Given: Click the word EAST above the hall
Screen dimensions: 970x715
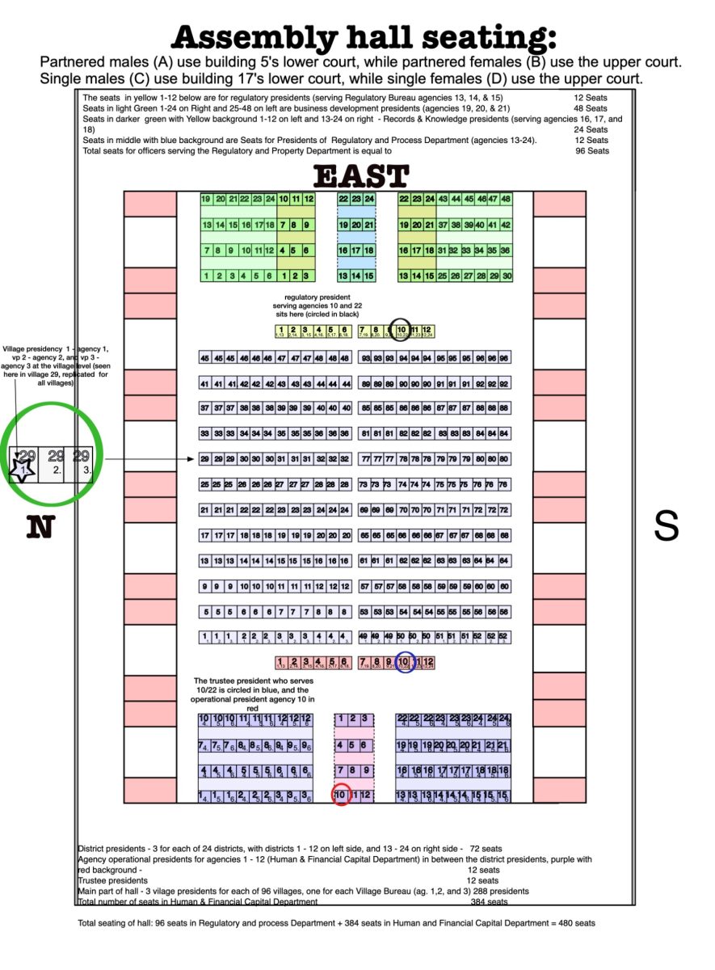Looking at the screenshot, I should tap(360, 176).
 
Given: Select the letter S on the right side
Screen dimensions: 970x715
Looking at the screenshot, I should tap(665, 526).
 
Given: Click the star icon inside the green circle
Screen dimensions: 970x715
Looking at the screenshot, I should tap(22, 468).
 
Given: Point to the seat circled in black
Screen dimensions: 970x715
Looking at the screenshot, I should tap(402, 330).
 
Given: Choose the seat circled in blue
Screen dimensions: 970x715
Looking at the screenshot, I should tap(404, 662).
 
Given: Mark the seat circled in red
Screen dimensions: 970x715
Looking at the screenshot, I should tap(341, 795).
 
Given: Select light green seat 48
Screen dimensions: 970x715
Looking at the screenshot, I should tap(506, 199).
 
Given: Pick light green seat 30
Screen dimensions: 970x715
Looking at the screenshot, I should tap(507, 276).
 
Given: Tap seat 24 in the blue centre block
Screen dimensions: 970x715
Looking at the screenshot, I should tap(368, 199).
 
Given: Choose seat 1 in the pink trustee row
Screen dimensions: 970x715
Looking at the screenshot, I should tap(281, 663).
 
